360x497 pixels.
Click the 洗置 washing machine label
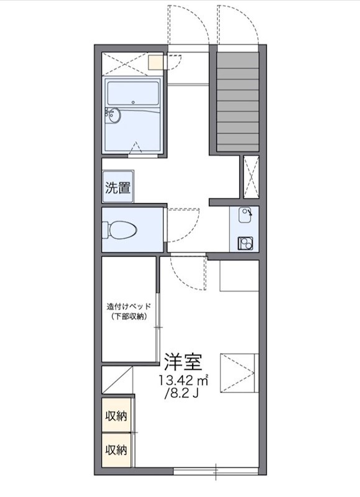117,188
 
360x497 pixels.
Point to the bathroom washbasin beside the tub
113,115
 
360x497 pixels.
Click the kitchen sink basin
246,216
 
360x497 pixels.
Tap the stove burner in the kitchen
245,243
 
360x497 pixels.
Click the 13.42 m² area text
185,380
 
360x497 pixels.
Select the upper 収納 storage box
117,416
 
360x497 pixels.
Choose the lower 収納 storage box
117,449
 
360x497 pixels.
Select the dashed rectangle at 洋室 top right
239,275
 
